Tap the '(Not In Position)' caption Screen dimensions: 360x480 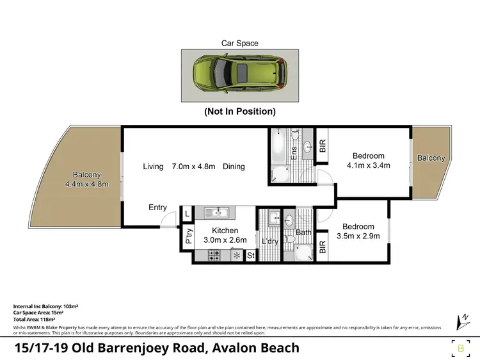[240, 111]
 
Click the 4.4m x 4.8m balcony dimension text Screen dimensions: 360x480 [86, 184]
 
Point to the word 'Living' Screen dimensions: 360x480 [153, 167]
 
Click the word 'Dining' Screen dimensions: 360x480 [234, 167]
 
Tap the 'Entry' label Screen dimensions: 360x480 [157, 208]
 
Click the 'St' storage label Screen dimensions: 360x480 [250, 256]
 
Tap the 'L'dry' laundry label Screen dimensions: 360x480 [269, 241]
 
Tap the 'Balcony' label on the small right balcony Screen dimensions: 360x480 [431, 158]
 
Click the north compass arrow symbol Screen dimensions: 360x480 [460, 321]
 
